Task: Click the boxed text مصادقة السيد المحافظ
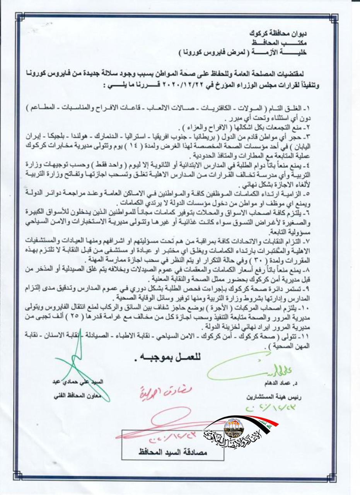tap(172, 451)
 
